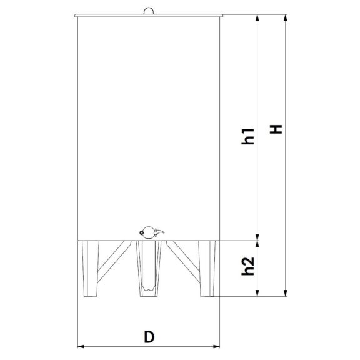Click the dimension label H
276,129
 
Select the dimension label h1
248,136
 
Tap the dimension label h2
248,266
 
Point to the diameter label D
149,337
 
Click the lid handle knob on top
149,11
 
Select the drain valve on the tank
151,232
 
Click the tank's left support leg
91,268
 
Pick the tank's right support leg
207,268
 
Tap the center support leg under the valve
149,268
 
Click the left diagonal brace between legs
114,262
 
